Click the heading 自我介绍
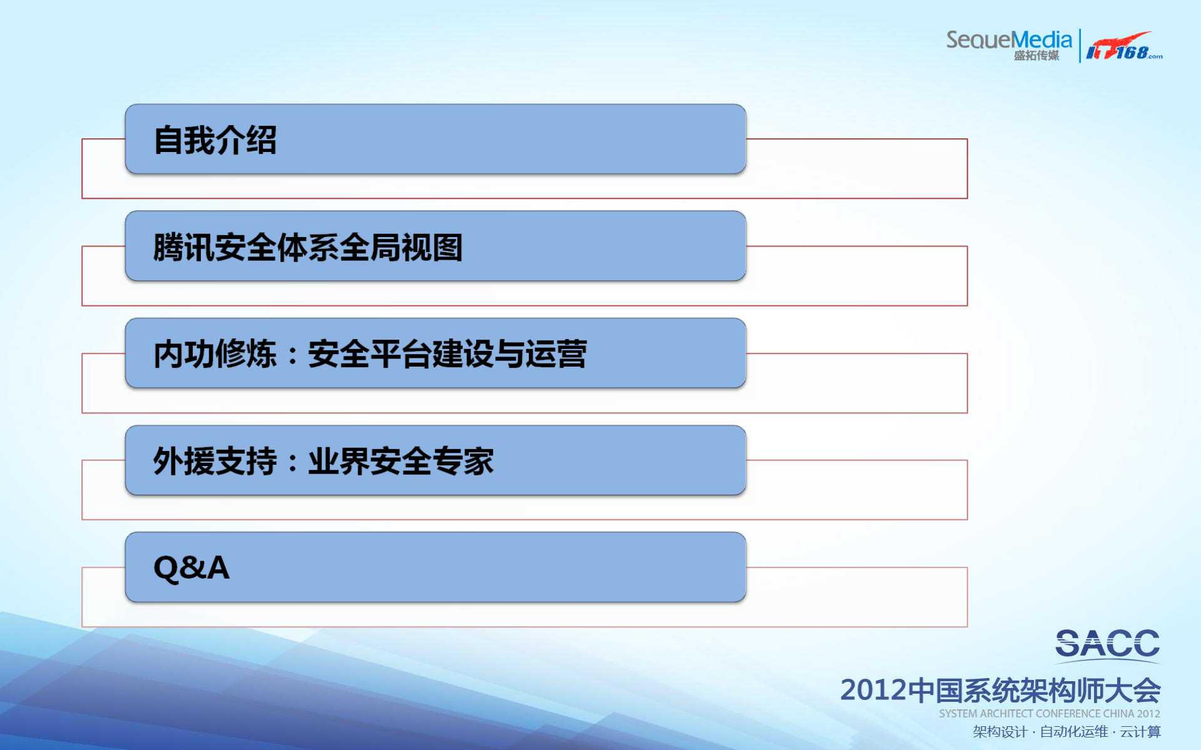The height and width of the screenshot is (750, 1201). click(215, 140)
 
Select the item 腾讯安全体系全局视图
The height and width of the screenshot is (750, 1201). click(307, 247)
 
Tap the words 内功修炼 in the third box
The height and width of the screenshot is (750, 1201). click(215, 354)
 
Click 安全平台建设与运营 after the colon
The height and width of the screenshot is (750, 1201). click(447, 354)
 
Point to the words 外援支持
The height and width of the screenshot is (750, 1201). click(215, 462)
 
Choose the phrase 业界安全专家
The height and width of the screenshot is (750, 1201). click(401, 462)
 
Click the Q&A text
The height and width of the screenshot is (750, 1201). click(192, 568)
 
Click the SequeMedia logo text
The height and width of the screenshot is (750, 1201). click(1008, 39)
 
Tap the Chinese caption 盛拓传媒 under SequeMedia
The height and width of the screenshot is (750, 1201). click(1036, 56)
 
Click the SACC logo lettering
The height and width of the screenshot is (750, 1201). click(1107, 644)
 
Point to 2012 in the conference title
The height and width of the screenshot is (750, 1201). click(873, 691)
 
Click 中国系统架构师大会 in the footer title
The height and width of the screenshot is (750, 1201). click(1034, 691)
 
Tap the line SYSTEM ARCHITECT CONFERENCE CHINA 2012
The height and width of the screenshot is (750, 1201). click(1049, 714)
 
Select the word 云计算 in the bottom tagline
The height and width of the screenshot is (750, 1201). click(1140, 732)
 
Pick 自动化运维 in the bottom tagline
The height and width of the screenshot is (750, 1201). click(1073, 732)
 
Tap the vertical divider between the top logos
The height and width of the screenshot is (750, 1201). click(1080, 46)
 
